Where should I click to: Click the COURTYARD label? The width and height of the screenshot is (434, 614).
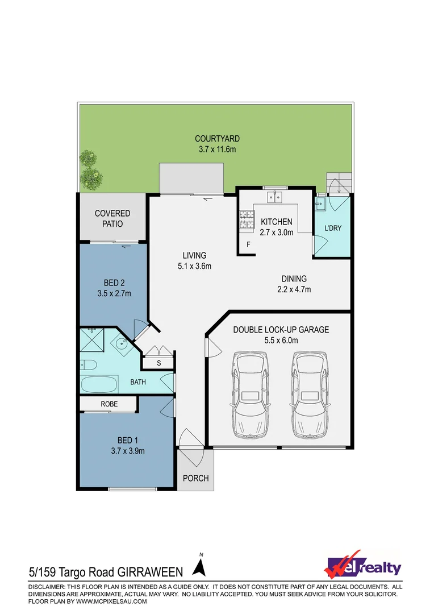[x=217, y=138]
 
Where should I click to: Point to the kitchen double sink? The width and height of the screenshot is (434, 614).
[x=275, y=197]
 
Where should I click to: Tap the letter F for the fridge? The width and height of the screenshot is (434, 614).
[x=248, y=245]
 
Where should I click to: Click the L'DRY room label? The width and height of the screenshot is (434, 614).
[x=332, y=228]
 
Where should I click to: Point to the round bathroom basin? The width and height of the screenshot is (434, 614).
[x=122, y=343]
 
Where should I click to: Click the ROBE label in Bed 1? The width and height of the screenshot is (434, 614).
[x=110, y=404]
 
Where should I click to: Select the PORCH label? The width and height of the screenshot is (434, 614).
[x=195, y=478]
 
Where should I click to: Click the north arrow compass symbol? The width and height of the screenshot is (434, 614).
[x=199, y=567]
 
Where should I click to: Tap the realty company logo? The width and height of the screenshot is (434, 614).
[x=362, y=565]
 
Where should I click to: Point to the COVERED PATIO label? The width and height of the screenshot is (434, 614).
[x=112, y=218]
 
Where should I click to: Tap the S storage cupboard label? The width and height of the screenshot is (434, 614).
[x=158, y=363]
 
